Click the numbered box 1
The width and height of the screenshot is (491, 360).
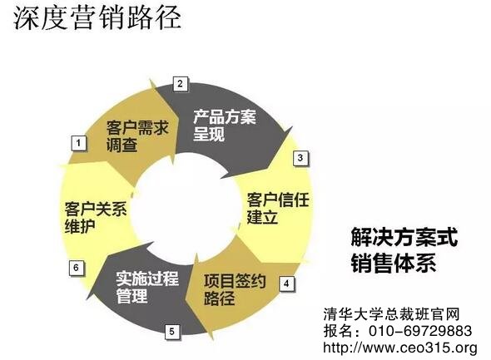point(78,143)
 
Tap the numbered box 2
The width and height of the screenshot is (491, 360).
point(180,84)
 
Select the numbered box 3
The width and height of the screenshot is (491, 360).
point(300,158)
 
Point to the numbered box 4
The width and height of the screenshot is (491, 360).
point(286,284)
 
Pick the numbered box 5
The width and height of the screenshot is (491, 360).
point(172,332)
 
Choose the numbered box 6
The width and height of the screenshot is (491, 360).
point(76,268)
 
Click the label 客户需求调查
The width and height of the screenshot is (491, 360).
point(137,136)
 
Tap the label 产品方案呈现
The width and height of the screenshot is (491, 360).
point(224,125)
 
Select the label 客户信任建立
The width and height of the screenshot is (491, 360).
point(278,208)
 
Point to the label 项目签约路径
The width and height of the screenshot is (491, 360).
point(235,289)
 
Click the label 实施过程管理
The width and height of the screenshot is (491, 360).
point(147,287)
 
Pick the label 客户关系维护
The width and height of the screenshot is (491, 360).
point(96,217)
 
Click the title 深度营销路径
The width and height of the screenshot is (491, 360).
point(97,17)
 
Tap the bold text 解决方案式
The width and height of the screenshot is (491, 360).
point(404,237)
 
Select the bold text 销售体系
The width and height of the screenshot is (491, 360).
point(394,263)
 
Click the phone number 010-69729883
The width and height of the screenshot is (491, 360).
point(420,331)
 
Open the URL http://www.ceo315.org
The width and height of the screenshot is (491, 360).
point(400,348)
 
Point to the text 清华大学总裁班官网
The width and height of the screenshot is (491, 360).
point(391,314)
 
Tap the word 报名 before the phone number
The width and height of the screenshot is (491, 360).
point(338,331)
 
